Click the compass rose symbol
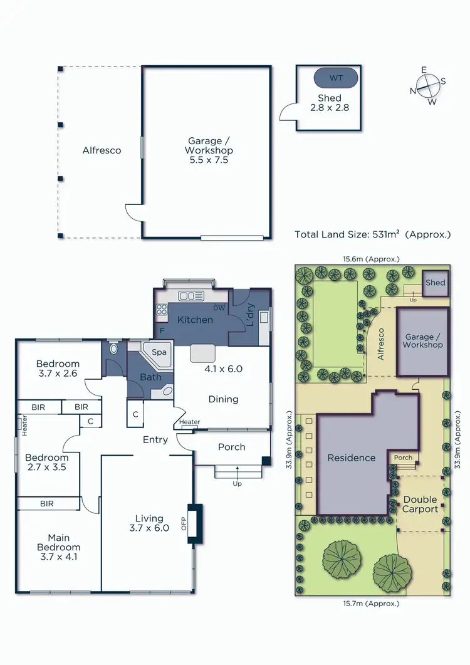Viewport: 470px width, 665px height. point(428,85)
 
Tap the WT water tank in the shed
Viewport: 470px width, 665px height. point(335,79)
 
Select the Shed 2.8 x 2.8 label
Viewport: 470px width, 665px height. point(329,103)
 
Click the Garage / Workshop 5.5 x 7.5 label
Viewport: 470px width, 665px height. point(209,150)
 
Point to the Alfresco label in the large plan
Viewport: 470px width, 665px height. point(102,150)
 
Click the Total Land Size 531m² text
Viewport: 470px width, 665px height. point(372,234)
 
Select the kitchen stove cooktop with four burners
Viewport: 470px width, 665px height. point(162,308)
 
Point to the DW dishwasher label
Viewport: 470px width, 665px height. point(219,308)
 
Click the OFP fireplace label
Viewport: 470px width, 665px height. point(184,524)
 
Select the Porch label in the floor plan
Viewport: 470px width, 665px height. point(231,447)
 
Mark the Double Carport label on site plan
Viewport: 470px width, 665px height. point(420,504)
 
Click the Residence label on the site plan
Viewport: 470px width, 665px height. point(352,458)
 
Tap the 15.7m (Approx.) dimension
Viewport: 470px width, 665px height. point(371,604)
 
